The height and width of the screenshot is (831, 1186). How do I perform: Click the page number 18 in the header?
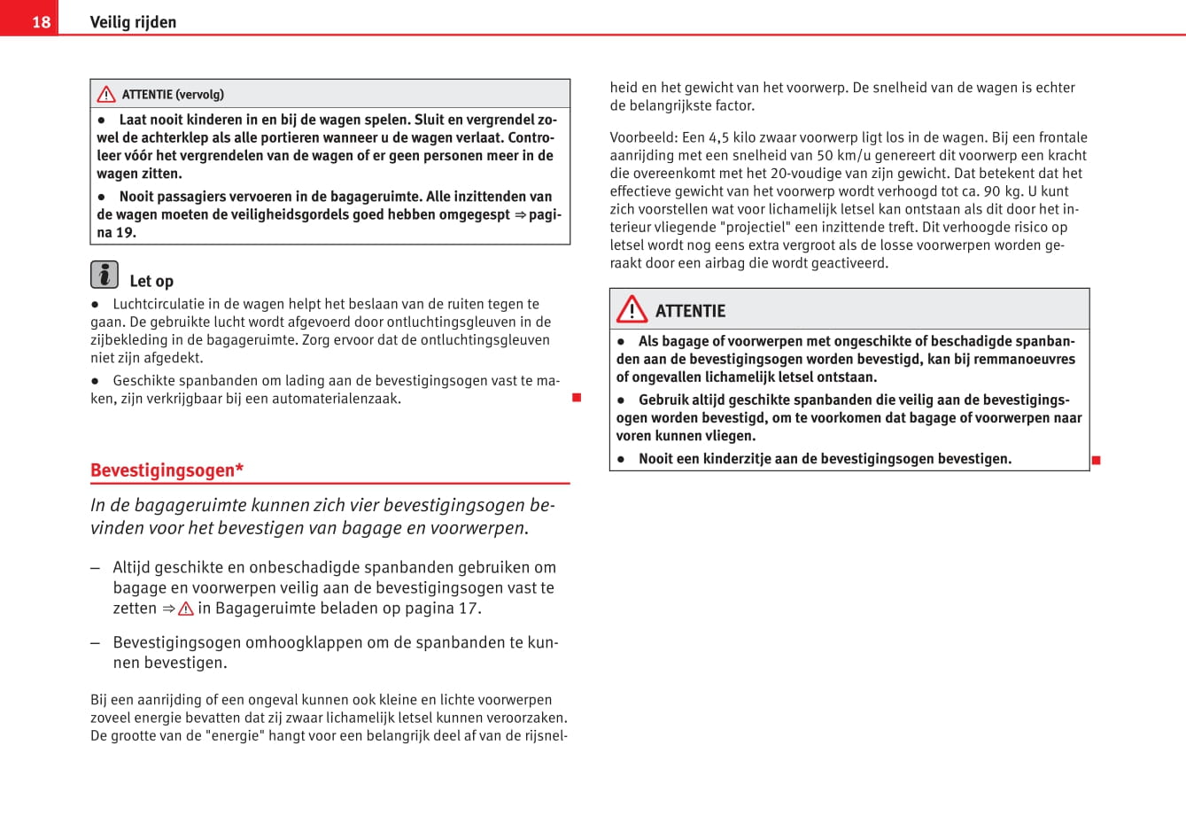(x=41, y=21)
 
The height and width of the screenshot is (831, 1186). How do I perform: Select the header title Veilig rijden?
(x=133, y=22)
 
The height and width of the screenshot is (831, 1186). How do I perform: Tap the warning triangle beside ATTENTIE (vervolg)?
(x=106, y=94)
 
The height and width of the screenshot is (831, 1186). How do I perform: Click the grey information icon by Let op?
(x=105, y=275)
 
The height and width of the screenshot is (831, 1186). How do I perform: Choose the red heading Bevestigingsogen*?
(x=167, y=470)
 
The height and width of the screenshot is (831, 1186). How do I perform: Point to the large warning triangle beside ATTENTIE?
(x=632, y=309)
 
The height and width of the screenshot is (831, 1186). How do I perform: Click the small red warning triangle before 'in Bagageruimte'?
(x=186, y=609)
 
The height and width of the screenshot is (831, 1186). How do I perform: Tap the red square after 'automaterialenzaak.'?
(x=577, y=398)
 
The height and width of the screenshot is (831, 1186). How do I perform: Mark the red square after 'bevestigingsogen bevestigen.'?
(x=1096, y=460)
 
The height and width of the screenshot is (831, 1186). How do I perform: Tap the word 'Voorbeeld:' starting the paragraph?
(x=643, y=137)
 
